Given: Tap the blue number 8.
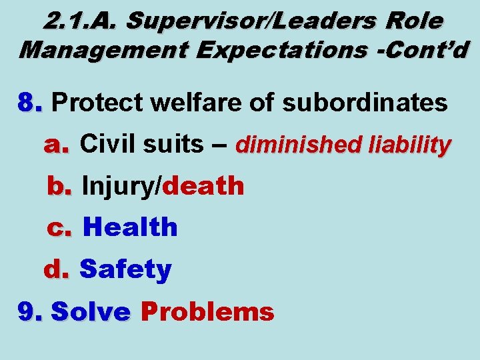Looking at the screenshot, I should click(x=31, y=103).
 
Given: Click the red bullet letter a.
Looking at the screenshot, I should click(x=56, y=144).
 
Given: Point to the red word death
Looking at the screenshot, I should click(x=203, y=187).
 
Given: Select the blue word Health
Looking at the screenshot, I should click(x=131, y=228).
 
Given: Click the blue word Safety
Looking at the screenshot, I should click(x=125, y=270).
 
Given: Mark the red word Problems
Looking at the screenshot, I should click(x=207, y=311).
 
